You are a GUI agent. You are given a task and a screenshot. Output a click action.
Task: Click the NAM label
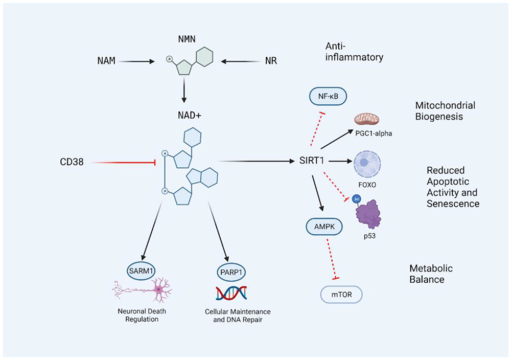point(106,61)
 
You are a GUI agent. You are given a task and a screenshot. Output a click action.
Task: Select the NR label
point(271,61)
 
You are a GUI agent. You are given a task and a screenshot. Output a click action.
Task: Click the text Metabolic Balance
point(431,274)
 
